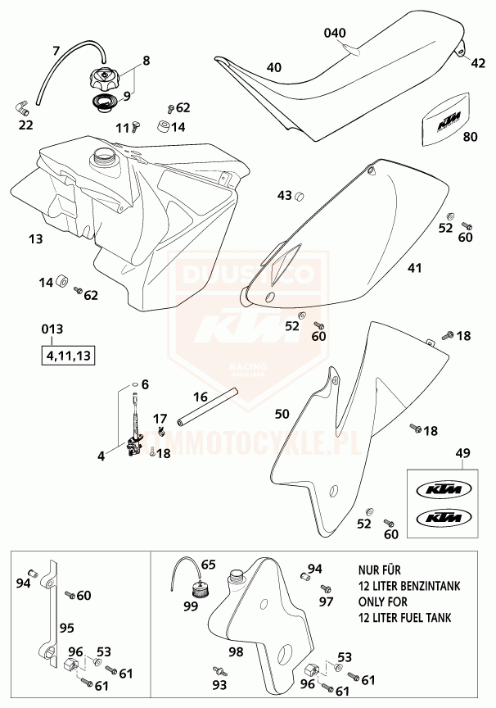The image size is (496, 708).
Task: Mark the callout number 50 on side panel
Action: (x=282, y=415)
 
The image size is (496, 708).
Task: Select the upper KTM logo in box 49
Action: (x=440, y=490)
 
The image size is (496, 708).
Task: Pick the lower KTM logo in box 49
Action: (x=440, y=519)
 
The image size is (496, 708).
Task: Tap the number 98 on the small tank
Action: (x=236, y=651)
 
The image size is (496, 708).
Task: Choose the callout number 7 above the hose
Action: (x=57, y=50)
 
